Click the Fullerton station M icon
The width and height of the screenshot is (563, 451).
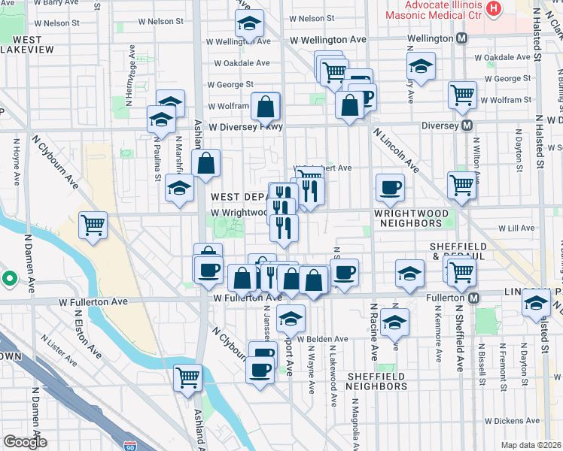pyautogui.click(x=474, y=298)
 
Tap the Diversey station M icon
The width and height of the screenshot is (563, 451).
pyautogui.click(x=467, y=126)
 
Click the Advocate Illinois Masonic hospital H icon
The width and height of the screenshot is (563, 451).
pyautogui.click(x=493, y=9)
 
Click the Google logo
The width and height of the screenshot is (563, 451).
pyautogui.click(x=24, y=441)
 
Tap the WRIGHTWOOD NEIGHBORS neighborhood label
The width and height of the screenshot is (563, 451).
pyautogui.click(x=409, y=219)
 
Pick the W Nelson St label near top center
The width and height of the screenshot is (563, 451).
pyautogui.click(x=310, y=18)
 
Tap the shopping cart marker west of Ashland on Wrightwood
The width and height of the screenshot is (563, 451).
pyautogui.click(x=93, y=224)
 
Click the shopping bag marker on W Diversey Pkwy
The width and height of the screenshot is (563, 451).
pyautogui.click(x=266, y=107)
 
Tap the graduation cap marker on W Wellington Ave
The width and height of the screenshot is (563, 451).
pyautogui.click(x=248, y=25)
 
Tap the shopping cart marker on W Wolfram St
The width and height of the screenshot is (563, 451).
pyautogui.click(x=462, y=95)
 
